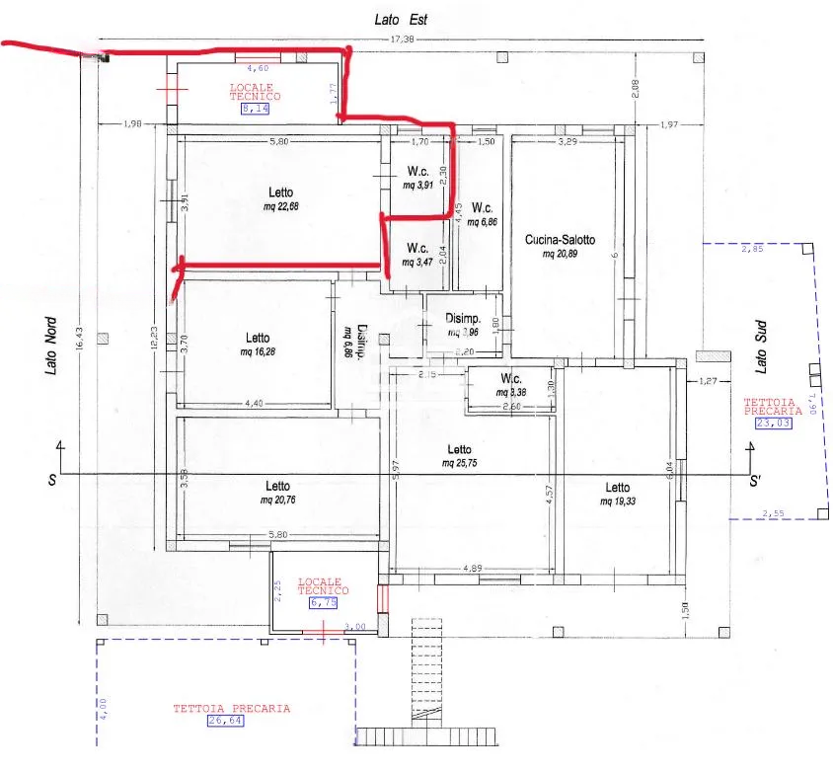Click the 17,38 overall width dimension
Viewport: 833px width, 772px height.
[x=402, y=40]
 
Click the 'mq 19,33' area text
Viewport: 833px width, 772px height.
[x=618, y=502]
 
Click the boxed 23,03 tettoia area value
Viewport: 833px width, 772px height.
[x=775, y=424]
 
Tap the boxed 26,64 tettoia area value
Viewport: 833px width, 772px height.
[x=225, y=721]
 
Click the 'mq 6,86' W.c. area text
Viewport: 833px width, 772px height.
[x=482, y=222]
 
